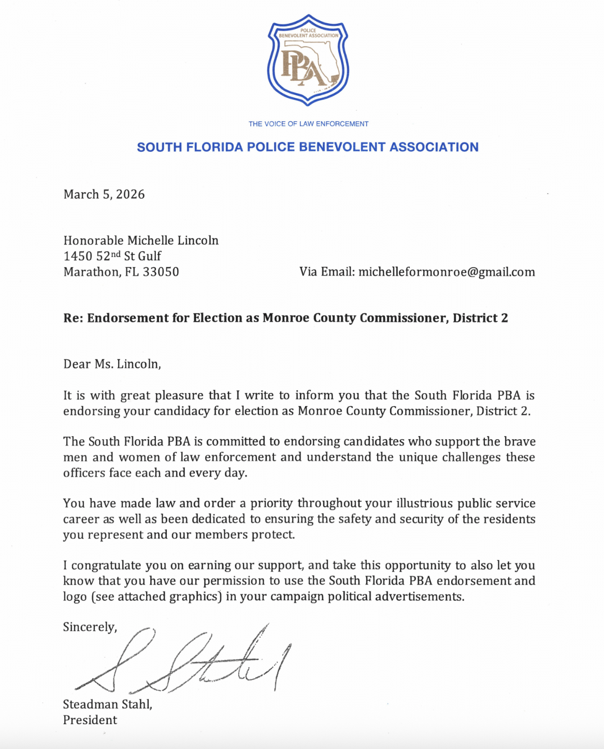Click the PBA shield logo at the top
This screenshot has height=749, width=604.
click(x=308, y=60)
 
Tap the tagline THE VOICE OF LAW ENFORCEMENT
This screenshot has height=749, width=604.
click(x=308, y=124)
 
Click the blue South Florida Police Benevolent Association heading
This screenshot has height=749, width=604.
click(x=308, y=147)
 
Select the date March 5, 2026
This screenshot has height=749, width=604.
click(x=104, y=194)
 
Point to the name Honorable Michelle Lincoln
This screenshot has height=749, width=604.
click(x=141, y=240)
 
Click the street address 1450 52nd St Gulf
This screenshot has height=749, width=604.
click(x=112, y=256)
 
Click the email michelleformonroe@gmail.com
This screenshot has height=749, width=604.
click(x=447, y=272)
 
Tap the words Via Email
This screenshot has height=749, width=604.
click(x=326, y=272)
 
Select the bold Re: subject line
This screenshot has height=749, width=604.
click(x=285, y=318)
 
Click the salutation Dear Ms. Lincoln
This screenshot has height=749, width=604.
click(x=112, y=364)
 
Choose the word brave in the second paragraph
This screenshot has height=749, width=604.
click(x=520, y=442)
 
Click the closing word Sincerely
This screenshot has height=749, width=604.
click(x=90, y=627)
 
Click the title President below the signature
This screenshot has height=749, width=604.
click(x=90, y=720)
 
